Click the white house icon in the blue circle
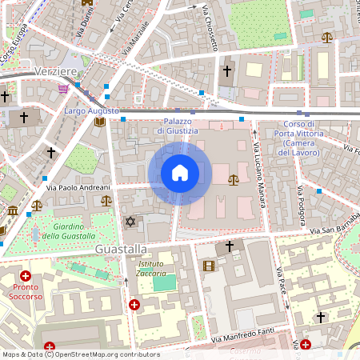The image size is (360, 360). pos(180,173)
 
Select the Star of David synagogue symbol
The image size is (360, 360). pos(130,221)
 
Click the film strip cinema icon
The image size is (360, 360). pos(209,266)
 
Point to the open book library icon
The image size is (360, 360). pos(99,122)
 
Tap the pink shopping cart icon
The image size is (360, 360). pos(63,90)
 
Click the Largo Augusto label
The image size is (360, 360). pos(92,110)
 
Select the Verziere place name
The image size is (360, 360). pos(56,72)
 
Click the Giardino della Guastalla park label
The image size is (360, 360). pos(72,230)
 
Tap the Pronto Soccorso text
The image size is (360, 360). pos(26,291)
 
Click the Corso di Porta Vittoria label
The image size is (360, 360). pos(298,138)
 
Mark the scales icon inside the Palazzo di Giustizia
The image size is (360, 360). pos(233,180)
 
